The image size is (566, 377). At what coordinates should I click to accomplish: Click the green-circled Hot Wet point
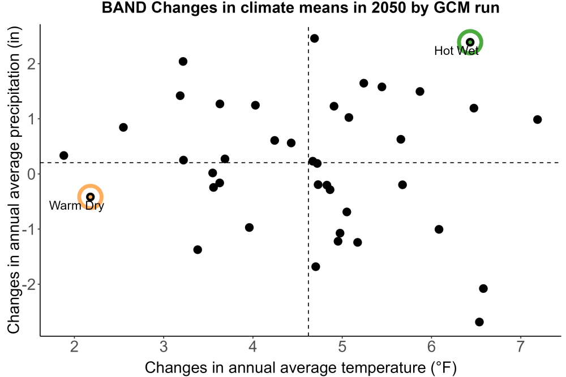click(x=470, y=42)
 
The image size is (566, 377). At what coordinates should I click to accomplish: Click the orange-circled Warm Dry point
click(x=90, y=197)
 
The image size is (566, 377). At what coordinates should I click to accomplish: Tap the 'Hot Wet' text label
click(x=456, y=51)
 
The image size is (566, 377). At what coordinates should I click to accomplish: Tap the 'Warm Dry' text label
click(x=76, y=206)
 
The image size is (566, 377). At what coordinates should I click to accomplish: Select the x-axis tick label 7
click(x=520, y=346)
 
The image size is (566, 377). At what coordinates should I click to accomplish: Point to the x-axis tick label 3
click(x=164, y=346)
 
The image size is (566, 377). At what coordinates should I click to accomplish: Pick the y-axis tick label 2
click(x=32, y=64)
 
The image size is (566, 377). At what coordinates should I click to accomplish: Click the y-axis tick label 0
click(x=32, y=174)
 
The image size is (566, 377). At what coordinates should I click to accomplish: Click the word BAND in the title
click(x=124, y=7)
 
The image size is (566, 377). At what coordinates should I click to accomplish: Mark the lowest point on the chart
click(x=479, y=322)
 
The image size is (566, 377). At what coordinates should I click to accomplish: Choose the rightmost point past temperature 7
click(x=537, y=120)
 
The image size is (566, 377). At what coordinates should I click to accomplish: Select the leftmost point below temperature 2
click(x=63, y=155)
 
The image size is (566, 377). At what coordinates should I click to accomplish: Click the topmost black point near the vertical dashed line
click(x=314, y=38)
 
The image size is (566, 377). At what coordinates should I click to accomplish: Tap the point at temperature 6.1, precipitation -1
click(x=439, y=229)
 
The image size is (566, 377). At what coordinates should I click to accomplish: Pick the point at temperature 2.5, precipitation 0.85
click(x=123, y=127)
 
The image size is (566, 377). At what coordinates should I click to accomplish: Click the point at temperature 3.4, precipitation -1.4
click(x=198, y=250)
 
